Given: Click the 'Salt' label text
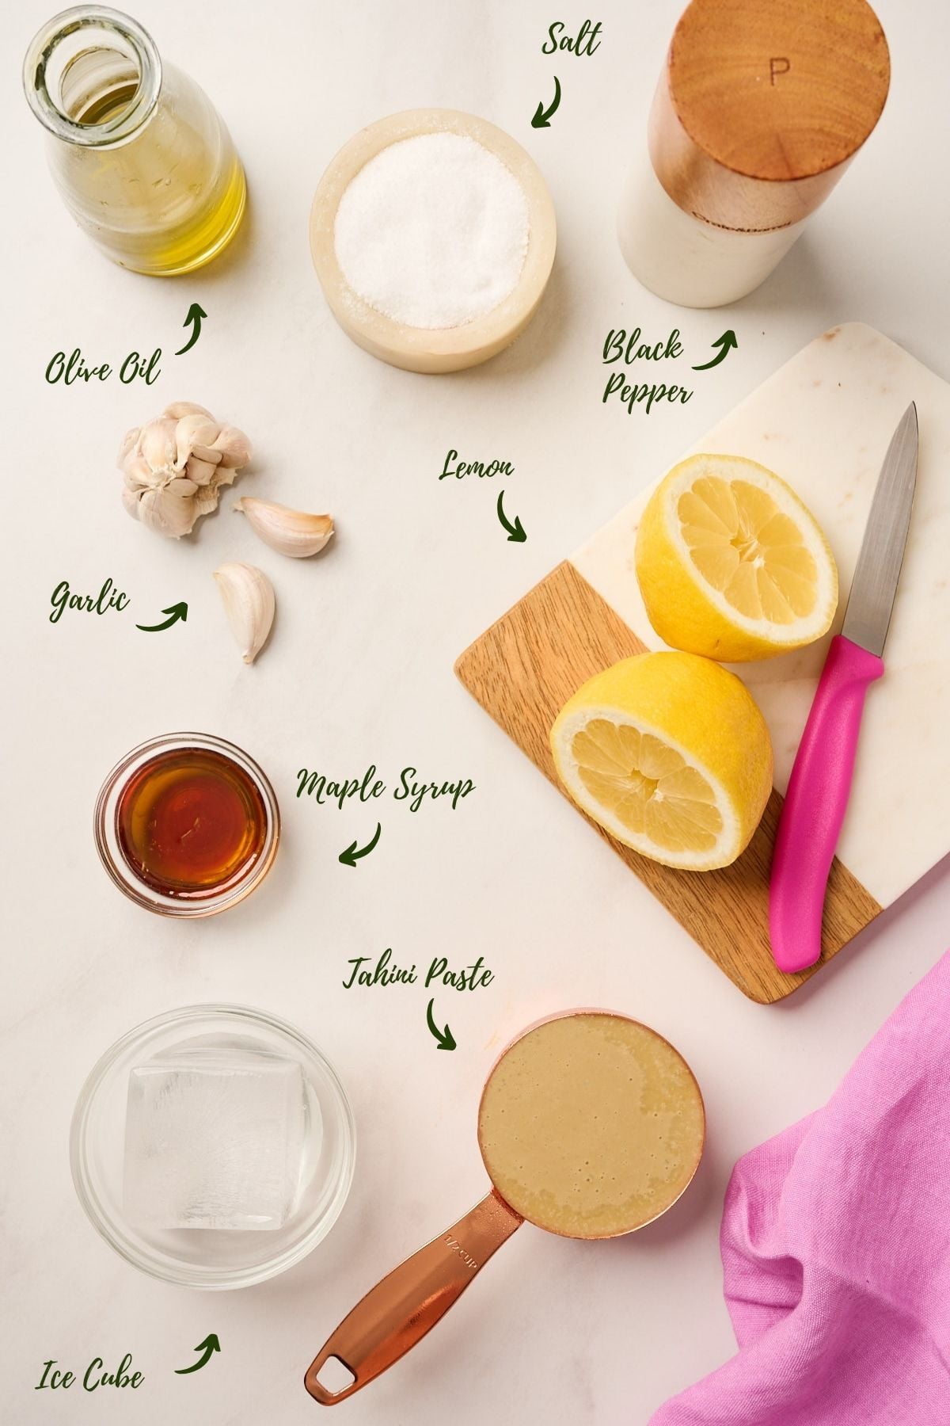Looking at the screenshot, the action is point(571,40).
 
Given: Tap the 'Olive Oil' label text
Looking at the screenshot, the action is point(102,368).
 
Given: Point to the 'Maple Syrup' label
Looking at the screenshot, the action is point(386,787).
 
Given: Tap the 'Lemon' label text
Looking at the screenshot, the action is point(477,467).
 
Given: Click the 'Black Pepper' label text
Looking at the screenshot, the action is point(644,368).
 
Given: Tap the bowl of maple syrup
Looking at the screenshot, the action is point(187,824).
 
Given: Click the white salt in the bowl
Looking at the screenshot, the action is point(431,230).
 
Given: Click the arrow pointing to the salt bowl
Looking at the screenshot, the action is point(547,102).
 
